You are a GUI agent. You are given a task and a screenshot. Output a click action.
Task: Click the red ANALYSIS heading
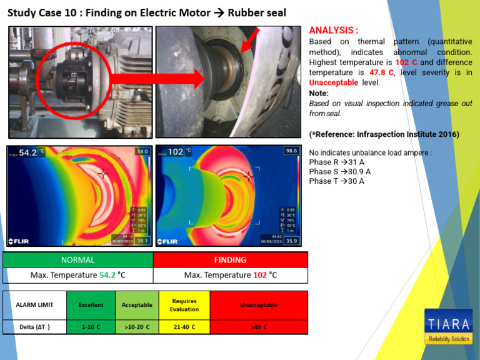click(334, 30)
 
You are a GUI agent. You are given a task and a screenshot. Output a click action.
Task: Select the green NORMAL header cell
click(78, 259)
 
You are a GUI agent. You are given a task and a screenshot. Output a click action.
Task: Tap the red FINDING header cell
click(230, 259)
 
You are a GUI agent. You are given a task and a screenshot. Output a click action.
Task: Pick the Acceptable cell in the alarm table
click(137, 305)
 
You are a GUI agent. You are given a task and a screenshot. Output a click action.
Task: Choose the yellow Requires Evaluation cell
click(184, 305)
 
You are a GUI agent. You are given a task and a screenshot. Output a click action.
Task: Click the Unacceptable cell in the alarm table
click(259, 305)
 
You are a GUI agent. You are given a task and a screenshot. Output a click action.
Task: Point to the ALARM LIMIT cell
click(34, 305)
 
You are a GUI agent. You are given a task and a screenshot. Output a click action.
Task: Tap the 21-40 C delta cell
click(184, 327)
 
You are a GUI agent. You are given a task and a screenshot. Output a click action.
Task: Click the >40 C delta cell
click(259, 327)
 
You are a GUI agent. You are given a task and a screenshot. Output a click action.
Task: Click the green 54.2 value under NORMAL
click(107, 275)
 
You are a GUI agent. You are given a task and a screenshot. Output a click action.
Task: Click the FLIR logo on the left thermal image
click(18, 241)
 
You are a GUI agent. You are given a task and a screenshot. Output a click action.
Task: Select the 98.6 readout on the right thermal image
click(291, 151)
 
